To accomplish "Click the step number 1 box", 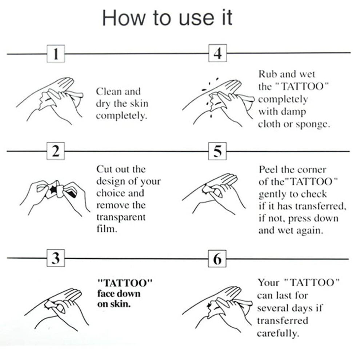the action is (x=56, y=54).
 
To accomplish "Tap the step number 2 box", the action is (x=56, y=151).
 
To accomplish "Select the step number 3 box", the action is (x=56, y=258).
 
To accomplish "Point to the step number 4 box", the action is (x=217, y=53).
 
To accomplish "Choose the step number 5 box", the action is (x=217, y=151).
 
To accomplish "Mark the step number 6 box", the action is (x=217, y=259).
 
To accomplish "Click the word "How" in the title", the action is (x=124, y=18).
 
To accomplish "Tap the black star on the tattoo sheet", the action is (x=53, y=189).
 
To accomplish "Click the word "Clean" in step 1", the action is (x=109, y=91).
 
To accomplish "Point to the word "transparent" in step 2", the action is (x=121, y=217).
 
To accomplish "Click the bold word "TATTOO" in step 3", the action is (x=125, y=283).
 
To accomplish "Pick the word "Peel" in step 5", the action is (x=268, y=169).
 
